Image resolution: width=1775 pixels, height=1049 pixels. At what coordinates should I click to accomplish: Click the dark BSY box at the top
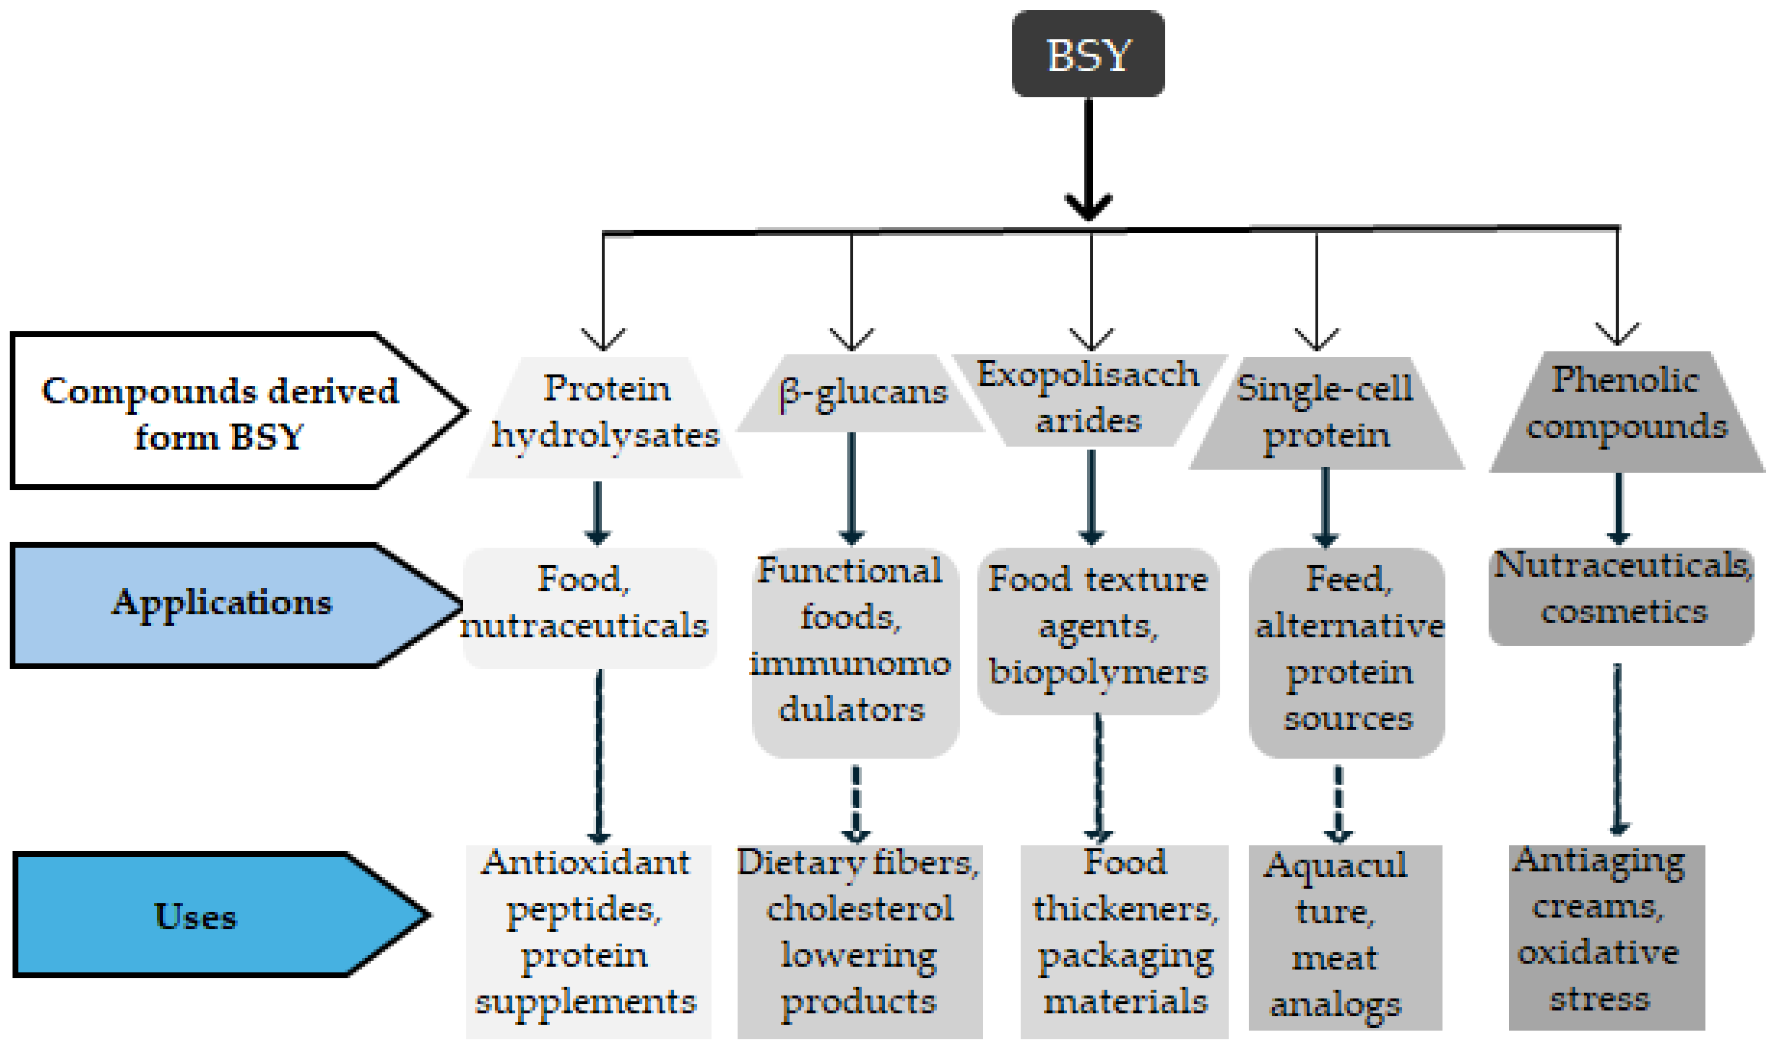(x=1088, y=54)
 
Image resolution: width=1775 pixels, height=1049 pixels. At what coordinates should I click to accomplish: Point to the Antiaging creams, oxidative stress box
(x=1606, y=933)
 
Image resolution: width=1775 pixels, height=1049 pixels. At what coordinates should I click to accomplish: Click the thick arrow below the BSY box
(x=1089, y=159)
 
